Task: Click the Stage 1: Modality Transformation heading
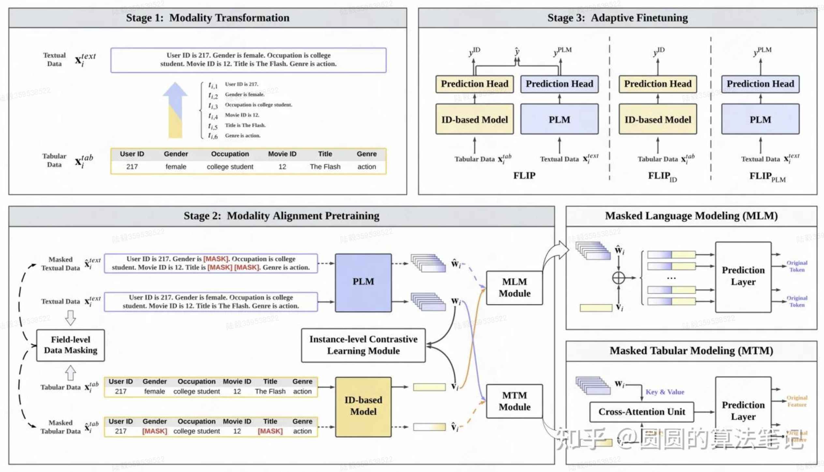[208, 18]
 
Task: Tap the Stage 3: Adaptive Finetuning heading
[617, 18]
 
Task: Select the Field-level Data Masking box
[70, 345]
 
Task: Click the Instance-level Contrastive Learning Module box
[363, 345]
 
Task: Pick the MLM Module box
[514, 288]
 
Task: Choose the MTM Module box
[514, 401]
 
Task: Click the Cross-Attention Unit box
[641, 412]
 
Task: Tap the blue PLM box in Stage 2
[363, 282]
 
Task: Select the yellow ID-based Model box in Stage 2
[363, 406]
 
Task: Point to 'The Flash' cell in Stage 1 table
[325, 167]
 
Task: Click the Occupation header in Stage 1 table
[230, 154]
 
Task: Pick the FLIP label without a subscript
[524, 176]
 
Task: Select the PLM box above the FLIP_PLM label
[760, 119]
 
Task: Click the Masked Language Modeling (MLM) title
[691, 216]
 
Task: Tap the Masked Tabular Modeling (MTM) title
[691, 351]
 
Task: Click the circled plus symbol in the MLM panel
[618, 278]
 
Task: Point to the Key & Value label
[665, 392]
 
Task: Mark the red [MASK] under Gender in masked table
[154, 431]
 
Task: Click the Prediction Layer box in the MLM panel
[743, 277]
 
